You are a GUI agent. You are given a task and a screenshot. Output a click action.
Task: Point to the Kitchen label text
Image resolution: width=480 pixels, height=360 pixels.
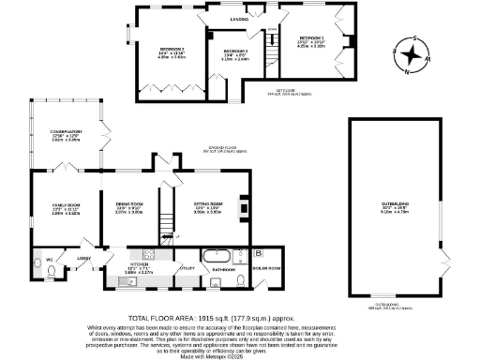coord(145,266)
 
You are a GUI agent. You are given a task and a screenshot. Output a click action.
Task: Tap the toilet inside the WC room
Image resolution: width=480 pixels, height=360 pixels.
coord(50,271)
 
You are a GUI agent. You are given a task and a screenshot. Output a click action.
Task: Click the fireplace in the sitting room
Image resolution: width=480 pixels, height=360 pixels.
coord(244,205)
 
